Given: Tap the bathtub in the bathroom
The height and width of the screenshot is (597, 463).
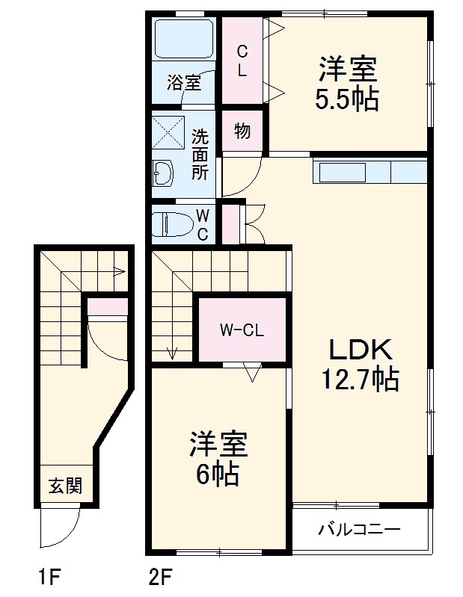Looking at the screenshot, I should [x=184, y=38].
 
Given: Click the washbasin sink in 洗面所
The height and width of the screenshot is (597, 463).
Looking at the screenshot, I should [x=164, y=175].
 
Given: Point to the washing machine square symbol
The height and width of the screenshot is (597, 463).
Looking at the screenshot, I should [x=168, y=133].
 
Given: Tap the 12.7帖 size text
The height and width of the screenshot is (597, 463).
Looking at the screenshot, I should [x=360, y=380].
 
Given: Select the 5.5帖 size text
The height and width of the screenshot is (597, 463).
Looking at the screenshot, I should [x=346, y=99].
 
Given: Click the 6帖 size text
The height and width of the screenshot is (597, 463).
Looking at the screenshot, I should [x=218, y=473].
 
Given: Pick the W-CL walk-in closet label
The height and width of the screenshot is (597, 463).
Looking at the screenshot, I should [x=242, y=330].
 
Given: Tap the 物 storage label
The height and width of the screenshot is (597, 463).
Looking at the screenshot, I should [x=242, y=132].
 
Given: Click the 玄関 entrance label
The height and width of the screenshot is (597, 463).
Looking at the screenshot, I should [x=66, y=486].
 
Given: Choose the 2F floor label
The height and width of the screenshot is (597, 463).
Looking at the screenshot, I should [x=160, y=577].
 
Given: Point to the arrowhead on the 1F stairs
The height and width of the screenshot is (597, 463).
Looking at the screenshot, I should [x=118, y=272].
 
